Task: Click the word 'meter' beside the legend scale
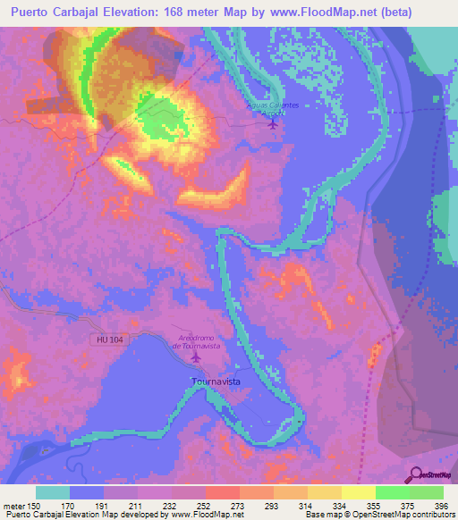[13, 506]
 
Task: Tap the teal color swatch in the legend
[53, 492]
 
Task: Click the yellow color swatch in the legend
[358, 492]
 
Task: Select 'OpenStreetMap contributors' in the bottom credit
[394, 515]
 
